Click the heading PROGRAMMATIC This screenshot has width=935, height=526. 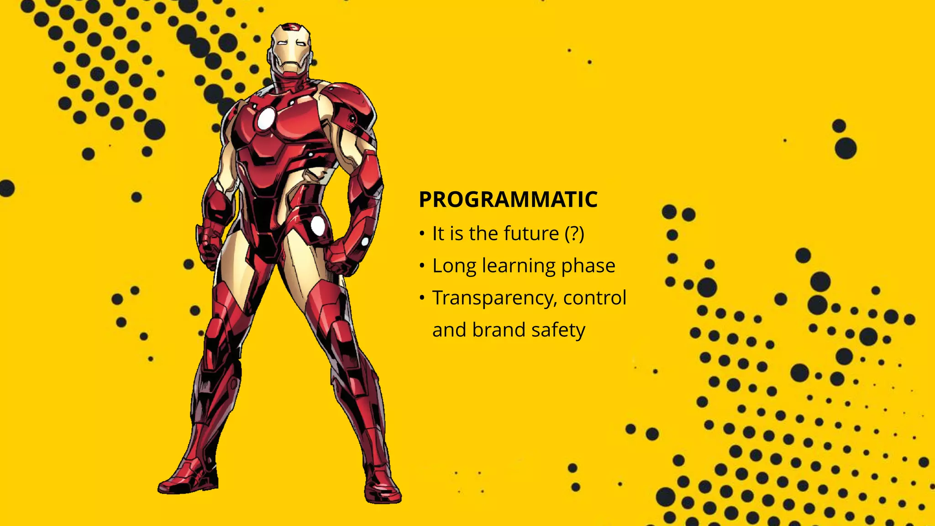[x=508, y=200]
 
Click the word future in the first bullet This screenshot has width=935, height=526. [x=531, y=234]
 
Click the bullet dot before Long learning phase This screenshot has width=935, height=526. [x=422, y=266]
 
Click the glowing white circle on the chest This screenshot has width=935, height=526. [x=265, y=119]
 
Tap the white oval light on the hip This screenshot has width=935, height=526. [x=318, y=226]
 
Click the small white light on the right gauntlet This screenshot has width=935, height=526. [x=365, y=242]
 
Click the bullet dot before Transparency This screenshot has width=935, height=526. [x=422, y=298]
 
